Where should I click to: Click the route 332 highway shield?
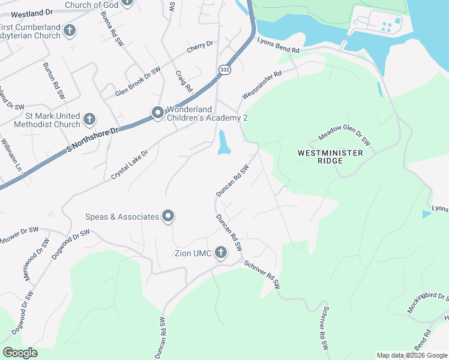point(223,70)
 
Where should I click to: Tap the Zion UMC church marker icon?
point(220,253)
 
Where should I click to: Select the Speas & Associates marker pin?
point(168,217)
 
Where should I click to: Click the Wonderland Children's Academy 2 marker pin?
point(158,113)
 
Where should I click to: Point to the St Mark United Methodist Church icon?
point(89,119)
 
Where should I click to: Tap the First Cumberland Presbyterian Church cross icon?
point(70,30)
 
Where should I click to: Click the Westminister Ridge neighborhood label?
point(330,157)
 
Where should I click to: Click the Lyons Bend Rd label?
point(278,47)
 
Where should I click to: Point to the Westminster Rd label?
point(262,86)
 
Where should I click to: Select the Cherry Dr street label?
point(200,47)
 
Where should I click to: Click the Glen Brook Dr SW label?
point(138,83)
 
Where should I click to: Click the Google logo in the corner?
point(20,352)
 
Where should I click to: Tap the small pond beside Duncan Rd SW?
point(224,143)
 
